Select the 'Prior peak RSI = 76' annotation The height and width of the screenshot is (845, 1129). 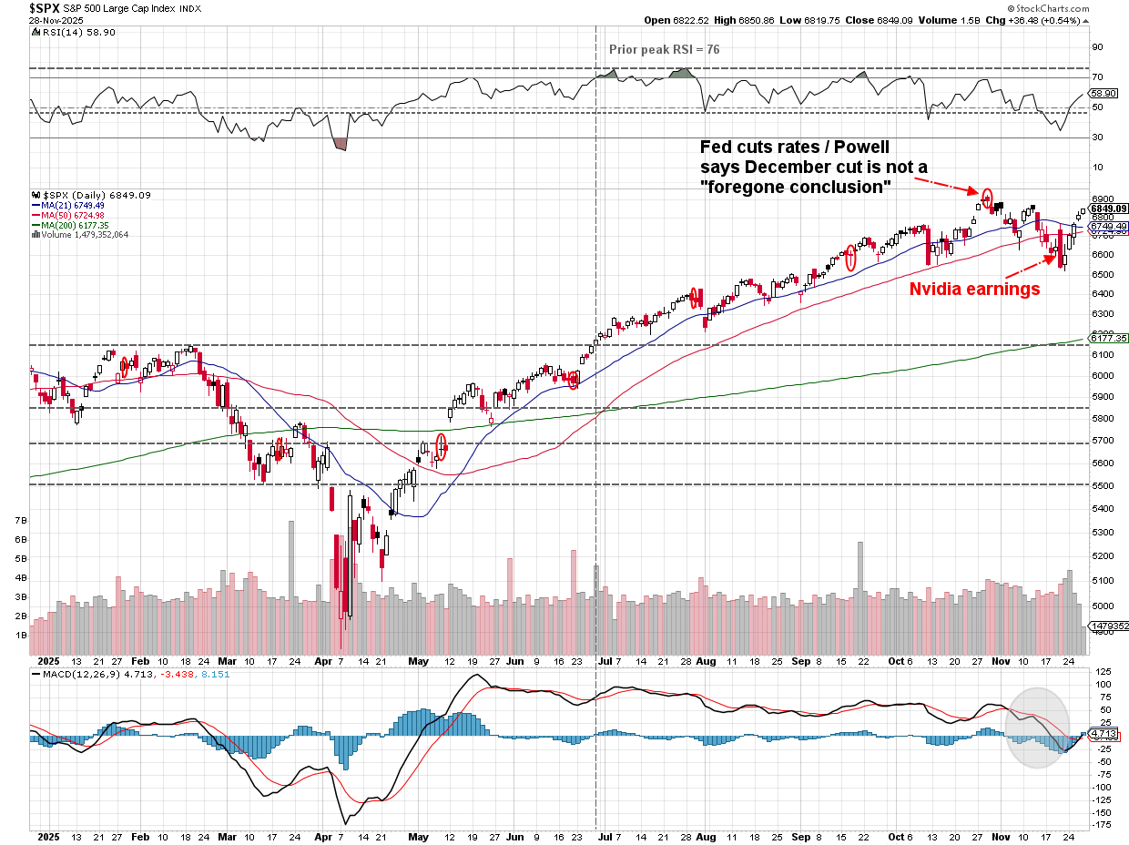point(664,49)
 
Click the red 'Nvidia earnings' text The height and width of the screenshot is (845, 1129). point(975,290)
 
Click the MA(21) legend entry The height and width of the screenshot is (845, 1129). point(72,206)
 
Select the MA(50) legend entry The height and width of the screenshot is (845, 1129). point(72,215)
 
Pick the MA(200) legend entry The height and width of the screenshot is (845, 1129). point(74,225)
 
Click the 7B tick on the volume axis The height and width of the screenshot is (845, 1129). point(20,520)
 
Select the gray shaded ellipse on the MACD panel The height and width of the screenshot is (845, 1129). point(1037,727)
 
